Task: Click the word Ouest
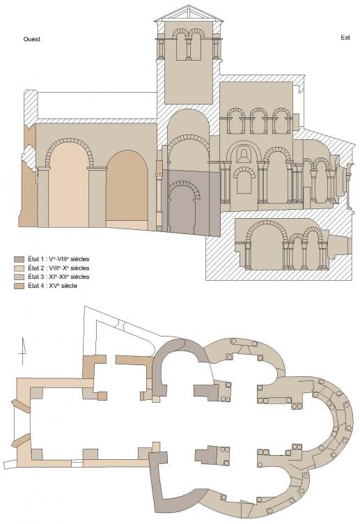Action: click(32, 39)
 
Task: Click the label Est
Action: click(345, 38)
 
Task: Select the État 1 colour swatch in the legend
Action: click(19, 259)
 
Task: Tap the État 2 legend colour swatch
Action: click(19, 268)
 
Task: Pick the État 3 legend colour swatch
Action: click(19, 277)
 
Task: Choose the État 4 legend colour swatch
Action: click(19, 286)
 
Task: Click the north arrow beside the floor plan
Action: click(22, 351)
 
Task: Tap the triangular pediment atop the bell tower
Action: click(189, 14)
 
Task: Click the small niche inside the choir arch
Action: click(244, 155)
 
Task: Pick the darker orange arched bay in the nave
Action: click(127, 185)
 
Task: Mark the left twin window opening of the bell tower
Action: click(180, 47)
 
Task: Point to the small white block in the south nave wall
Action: click(77, 463)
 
